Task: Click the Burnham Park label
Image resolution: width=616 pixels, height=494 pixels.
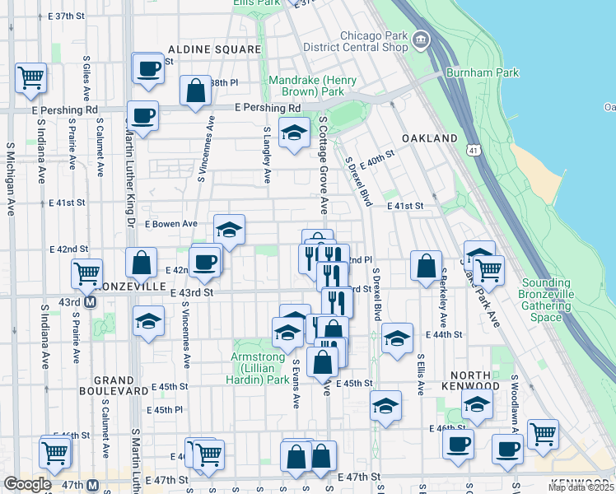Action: click(483, 72)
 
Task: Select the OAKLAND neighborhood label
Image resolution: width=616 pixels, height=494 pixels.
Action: click(430, 138)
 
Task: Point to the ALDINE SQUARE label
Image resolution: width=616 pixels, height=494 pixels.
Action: click(214, 49)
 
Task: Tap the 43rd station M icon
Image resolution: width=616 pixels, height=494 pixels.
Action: click(91, 301)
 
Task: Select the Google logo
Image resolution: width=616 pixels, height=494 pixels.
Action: click(26, 484)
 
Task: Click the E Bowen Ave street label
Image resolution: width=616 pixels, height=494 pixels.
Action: click(171, 223)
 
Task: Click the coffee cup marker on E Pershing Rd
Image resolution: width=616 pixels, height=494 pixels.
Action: click(142, 115)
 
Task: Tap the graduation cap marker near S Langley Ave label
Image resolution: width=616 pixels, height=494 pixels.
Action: click(294, 133)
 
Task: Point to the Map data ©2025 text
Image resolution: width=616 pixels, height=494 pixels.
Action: click(580, 487)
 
